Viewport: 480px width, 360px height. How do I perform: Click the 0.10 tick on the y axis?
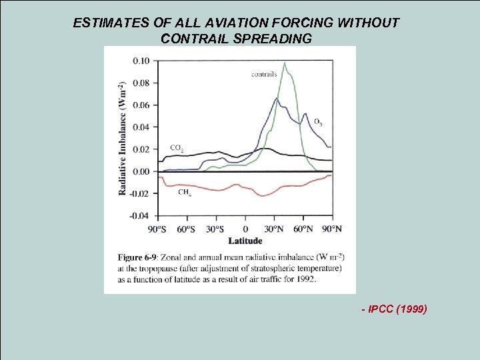pos(141,61)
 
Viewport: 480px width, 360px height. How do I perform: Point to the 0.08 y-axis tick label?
pos(141,83)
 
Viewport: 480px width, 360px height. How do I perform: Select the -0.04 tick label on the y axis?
pos(140,216)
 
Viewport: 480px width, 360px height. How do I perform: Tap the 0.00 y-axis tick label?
pos(141,172)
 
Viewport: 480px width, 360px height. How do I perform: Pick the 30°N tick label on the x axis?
pos(274,229)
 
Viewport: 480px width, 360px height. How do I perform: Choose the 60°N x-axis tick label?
pos(303,229)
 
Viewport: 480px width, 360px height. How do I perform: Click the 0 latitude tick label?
pos(245,229)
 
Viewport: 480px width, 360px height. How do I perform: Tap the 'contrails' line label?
pos(264,74)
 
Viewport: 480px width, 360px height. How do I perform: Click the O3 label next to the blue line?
pos(318,122)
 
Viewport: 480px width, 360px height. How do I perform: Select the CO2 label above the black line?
pos(177,148)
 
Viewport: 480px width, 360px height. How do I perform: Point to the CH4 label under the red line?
pos(185,193)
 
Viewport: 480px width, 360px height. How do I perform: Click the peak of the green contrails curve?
pos(285,63)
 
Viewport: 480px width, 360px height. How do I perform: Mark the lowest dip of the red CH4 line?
pos(263,195)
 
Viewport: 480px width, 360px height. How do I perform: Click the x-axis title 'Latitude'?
pos(245,241)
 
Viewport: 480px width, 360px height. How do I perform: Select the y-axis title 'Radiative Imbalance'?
pos(123,139)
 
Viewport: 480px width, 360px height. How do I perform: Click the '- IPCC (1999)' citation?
pos(393,310)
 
